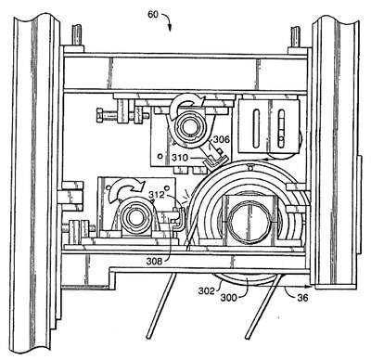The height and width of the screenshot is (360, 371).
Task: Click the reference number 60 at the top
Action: click(153, 14)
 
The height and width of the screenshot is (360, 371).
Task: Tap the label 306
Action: click(222, 139)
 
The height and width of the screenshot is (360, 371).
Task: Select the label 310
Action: click(179, 158)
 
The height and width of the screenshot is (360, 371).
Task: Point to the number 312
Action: click(157, 195)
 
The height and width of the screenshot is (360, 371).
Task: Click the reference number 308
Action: click(154, 262)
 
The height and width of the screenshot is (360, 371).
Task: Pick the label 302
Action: click(206, 290)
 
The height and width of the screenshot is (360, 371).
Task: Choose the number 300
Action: click(229, 298)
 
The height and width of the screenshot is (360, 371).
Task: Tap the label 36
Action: click(302, 298)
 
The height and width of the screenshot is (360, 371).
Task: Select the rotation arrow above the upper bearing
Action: click(187, 104)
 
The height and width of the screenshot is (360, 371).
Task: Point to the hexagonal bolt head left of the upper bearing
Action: click(101, 116)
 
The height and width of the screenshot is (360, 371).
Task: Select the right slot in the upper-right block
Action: click(281, 128)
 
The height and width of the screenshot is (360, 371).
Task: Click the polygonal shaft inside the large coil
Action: click(249, 220)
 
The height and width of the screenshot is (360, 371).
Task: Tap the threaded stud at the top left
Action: click(77, 35)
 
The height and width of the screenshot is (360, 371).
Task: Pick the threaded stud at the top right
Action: click(296, 36)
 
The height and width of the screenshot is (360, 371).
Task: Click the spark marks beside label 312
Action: click(186, 198)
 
